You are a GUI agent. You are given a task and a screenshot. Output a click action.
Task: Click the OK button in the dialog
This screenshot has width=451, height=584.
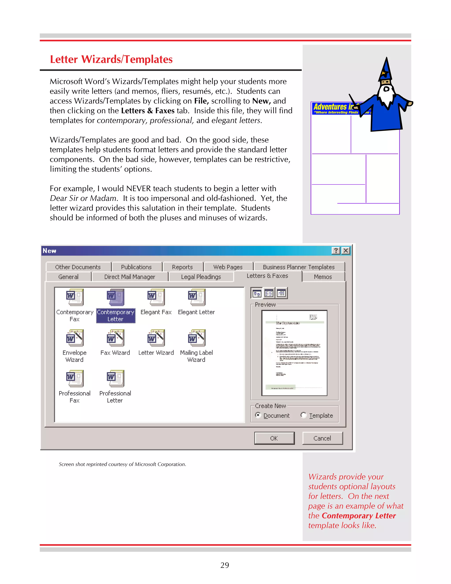pos(274,438)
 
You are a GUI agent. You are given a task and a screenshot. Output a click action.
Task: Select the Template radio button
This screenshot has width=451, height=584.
pos(303,415)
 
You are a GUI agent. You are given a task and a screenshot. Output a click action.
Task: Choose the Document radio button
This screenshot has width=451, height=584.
pos(258,415)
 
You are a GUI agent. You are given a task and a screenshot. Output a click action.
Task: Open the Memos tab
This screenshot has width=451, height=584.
pos(323,277)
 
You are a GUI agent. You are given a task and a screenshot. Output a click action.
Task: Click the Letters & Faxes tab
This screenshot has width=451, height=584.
pos(267,276)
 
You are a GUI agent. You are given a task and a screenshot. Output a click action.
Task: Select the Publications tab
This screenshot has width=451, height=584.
pos(136,267)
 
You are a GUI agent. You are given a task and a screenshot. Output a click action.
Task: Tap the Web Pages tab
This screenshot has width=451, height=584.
pos(228,267)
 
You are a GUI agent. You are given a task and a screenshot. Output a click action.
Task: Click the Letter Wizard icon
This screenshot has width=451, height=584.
pos(156,338)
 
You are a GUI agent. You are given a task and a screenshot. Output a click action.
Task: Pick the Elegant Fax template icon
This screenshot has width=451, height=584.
pos(156,297)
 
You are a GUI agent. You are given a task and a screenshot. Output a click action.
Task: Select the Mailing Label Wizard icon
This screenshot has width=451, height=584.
pos(197,338)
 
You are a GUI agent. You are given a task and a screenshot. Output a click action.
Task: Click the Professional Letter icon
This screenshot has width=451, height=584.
pos(115,379)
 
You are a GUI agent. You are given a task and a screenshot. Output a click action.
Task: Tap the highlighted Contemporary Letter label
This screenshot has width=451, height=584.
pos(115,316)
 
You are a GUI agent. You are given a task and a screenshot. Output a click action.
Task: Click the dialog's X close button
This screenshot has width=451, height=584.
pos(346,251)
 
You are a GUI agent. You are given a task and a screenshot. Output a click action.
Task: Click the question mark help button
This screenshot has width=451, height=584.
pos(336,251)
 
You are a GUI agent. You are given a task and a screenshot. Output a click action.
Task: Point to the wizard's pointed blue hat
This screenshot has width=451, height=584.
pos(386,69)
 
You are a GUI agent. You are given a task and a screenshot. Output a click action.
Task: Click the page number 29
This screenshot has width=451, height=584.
pos(225,565)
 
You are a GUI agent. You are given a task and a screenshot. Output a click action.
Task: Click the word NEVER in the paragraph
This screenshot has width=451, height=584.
pos(138,188)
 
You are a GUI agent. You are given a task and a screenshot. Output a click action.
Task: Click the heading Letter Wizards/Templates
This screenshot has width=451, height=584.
pos(111,59)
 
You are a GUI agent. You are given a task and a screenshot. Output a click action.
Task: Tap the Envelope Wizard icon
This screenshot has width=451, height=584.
pos(75,338)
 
